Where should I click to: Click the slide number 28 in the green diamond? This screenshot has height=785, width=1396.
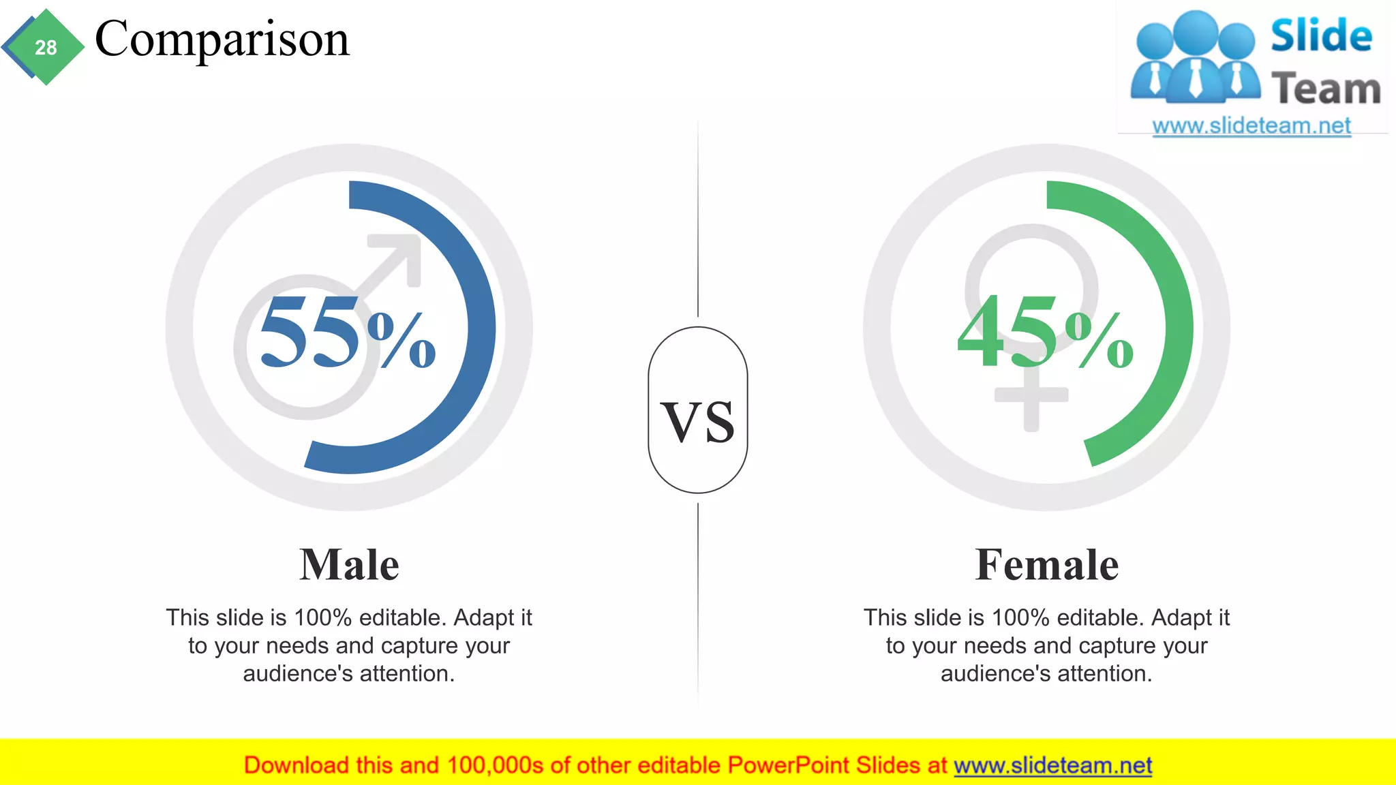point(46,48)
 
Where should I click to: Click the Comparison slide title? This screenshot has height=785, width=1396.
point(222,39)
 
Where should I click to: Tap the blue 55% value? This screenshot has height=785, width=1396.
point(347,332)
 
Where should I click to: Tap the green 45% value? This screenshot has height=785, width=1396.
point(1044,332)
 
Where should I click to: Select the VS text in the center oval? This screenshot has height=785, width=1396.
point(698,422)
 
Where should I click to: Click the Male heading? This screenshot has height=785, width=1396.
point(349,565)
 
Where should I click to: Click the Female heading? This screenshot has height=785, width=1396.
point(1046,565)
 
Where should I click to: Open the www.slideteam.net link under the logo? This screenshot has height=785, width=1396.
point(1251,126)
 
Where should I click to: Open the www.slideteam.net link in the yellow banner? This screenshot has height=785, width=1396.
point(1052,765)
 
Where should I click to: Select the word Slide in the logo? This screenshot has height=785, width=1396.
point(1321,35)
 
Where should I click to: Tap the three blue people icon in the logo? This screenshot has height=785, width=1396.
point(1195,58)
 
